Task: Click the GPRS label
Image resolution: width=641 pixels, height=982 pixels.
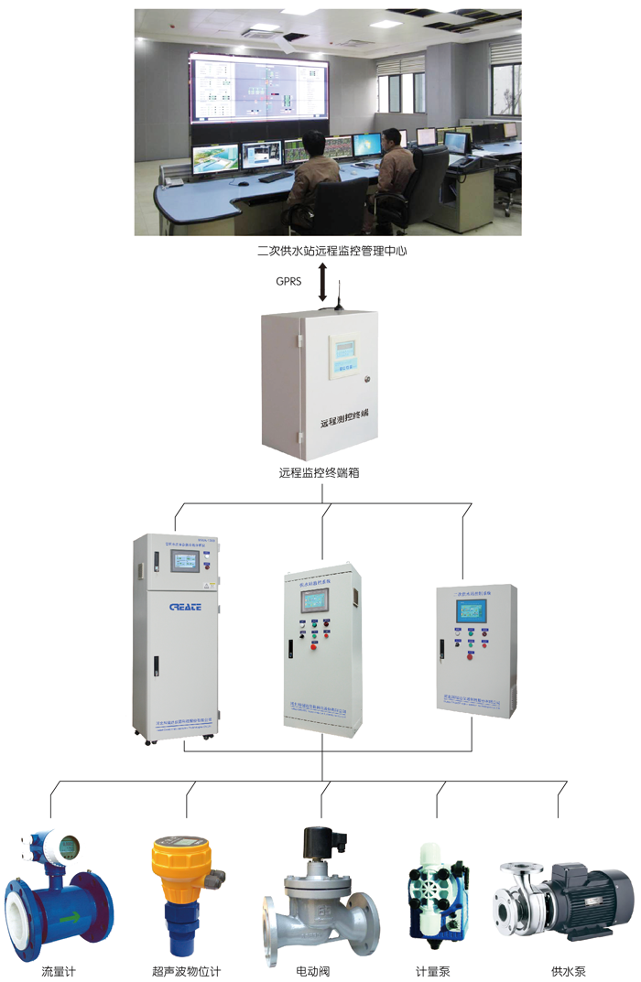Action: pos(289,282)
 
